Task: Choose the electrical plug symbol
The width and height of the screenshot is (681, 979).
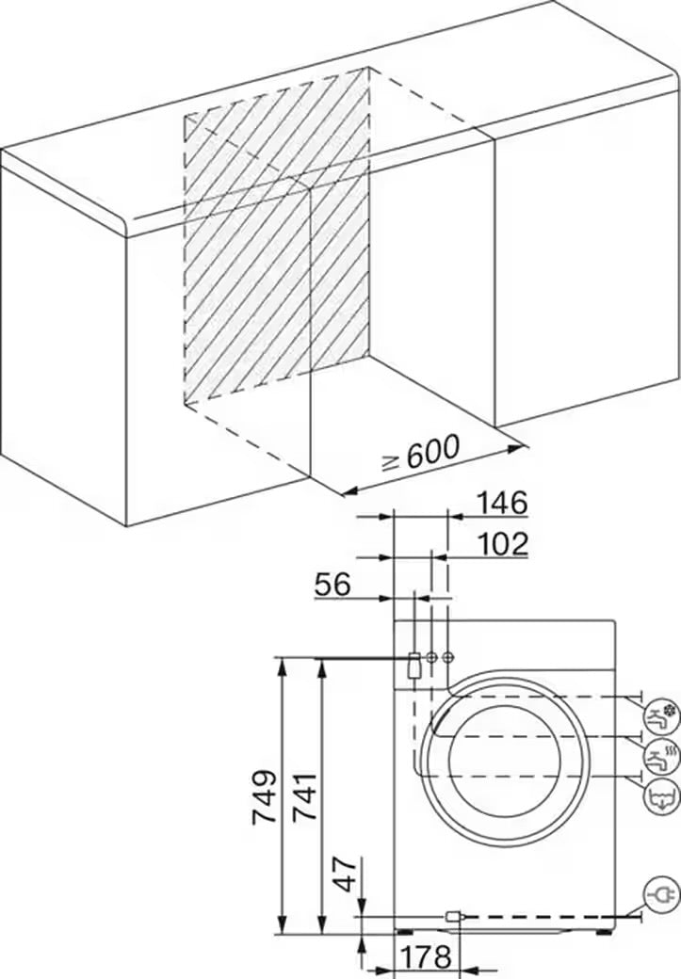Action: click(660, 892)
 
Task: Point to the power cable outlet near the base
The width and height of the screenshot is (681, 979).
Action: click(453, 915)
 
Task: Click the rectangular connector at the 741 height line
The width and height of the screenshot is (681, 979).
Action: click(413, 664)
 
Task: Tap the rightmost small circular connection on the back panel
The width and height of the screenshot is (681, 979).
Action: click(447, 656)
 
